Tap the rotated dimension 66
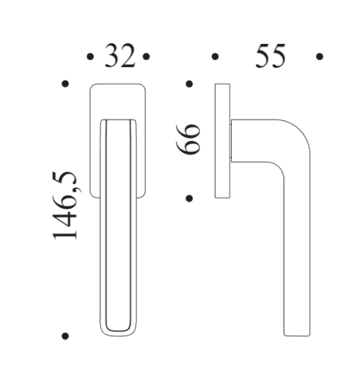point(190,141)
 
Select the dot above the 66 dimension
point(190,83)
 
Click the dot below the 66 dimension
point(190,197)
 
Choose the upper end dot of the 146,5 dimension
point(65,83)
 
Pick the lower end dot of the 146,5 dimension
point(65,336)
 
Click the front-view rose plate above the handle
point(118,100)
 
